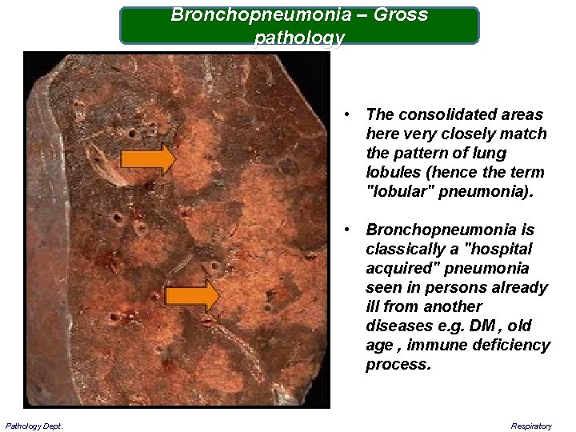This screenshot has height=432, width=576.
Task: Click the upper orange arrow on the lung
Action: pos(147,160)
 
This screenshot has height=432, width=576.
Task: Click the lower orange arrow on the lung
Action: pos(192,296)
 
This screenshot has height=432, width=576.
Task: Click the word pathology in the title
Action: pos(299,38)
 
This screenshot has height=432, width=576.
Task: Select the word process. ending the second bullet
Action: pos(398,365)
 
